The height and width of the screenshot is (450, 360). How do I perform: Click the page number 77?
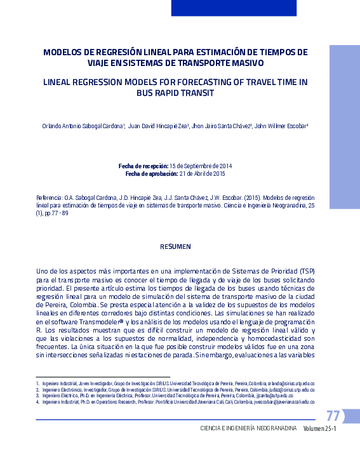(333, 417)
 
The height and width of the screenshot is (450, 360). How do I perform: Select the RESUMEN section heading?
(175, 246)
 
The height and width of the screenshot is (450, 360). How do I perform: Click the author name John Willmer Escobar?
(281, 126)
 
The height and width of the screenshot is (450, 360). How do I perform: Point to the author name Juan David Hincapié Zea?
(158, 126)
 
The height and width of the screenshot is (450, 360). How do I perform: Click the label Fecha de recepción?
(143, 166)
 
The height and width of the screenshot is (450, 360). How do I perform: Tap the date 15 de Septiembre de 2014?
(201, 166)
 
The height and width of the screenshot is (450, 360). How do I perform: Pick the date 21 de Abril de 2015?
(203, 173)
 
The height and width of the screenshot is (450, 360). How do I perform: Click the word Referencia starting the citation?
(50, 197)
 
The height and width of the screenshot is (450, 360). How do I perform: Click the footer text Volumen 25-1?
(319, 429)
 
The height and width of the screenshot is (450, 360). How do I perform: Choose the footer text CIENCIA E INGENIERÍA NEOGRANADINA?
(248, 429)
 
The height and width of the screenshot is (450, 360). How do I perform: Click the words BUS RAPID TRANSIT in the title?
(175, 93)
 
